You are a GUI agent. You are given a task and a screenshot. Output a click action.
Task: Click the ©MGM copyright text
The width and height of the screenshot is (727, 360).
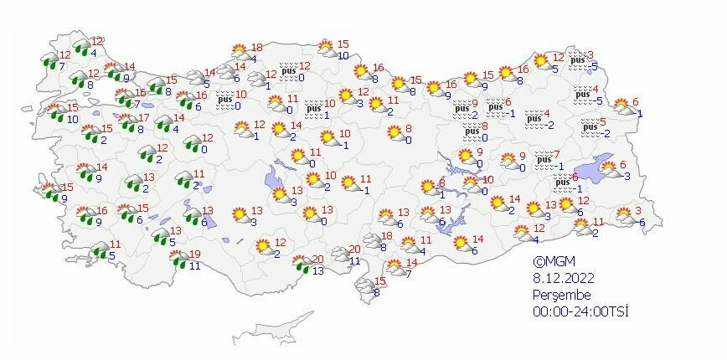pos(554,260)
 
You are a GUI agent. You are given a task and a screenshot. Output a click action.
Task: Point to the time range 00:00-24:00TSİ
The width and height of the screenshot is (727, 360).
pos(580,311)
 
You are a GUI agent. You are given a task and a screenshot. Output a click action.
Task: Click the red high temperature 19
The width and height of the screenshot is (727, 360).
pos(195,255)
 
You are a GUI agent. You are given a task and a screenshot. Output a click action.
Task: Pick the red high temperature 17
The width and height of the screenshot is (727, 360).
pos(144,118)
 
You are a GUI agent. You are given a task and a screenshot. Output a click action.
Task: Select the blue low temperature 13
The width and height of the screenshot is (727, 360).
pos(317,270)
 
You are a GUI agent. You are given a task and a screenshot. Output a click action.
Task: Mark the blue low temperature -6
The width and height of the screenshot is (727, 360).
pos(641,222)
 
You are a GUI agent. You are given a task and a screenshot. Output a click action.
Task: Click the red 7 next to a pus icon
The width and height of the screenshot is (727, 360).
pos(558,154)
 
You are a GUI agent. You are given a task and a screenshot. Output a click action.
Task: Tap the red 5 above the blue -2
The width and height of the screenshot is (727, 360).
pos(603,122)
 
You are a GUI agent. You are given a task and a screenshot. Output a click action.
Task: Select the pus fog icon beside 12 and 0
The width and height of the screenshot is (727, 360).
pos(288,70)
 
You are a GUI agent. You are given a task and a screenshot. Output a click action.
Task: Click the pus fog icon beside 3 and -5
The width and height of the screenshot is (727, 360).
pos(576,59)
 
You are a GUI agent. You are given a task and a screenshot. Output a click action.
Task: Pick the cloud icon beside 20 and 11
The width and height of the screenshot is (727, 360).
pos(341,254)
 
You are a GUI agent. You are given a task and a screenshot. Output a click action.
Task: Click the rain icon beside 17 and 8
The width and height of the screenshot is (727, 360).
pos(130,124)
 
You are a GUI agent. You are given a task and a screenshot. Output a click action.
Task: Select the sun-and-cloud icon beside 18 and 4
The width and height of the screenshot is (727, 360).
pos(239,53)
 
